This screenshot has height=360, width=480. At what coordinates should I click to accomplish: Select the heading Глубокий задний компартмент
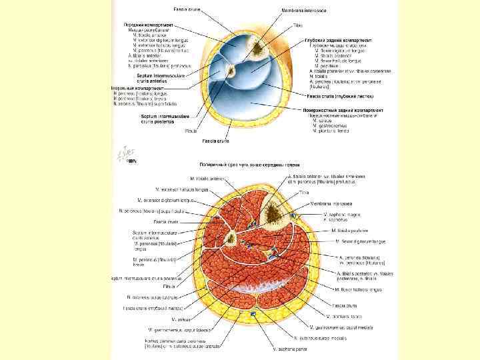(x=339, y=39)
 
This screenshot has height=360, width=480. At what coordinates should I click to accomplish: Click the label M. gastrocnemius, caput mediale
(x=337, y=326)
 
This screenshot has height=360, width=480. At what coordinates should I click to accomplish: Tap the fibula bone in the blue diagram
(x=230, y=71)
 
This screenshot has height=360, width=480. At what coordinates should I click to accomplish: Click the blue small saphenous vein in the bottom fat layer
(x=253, y=313)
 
